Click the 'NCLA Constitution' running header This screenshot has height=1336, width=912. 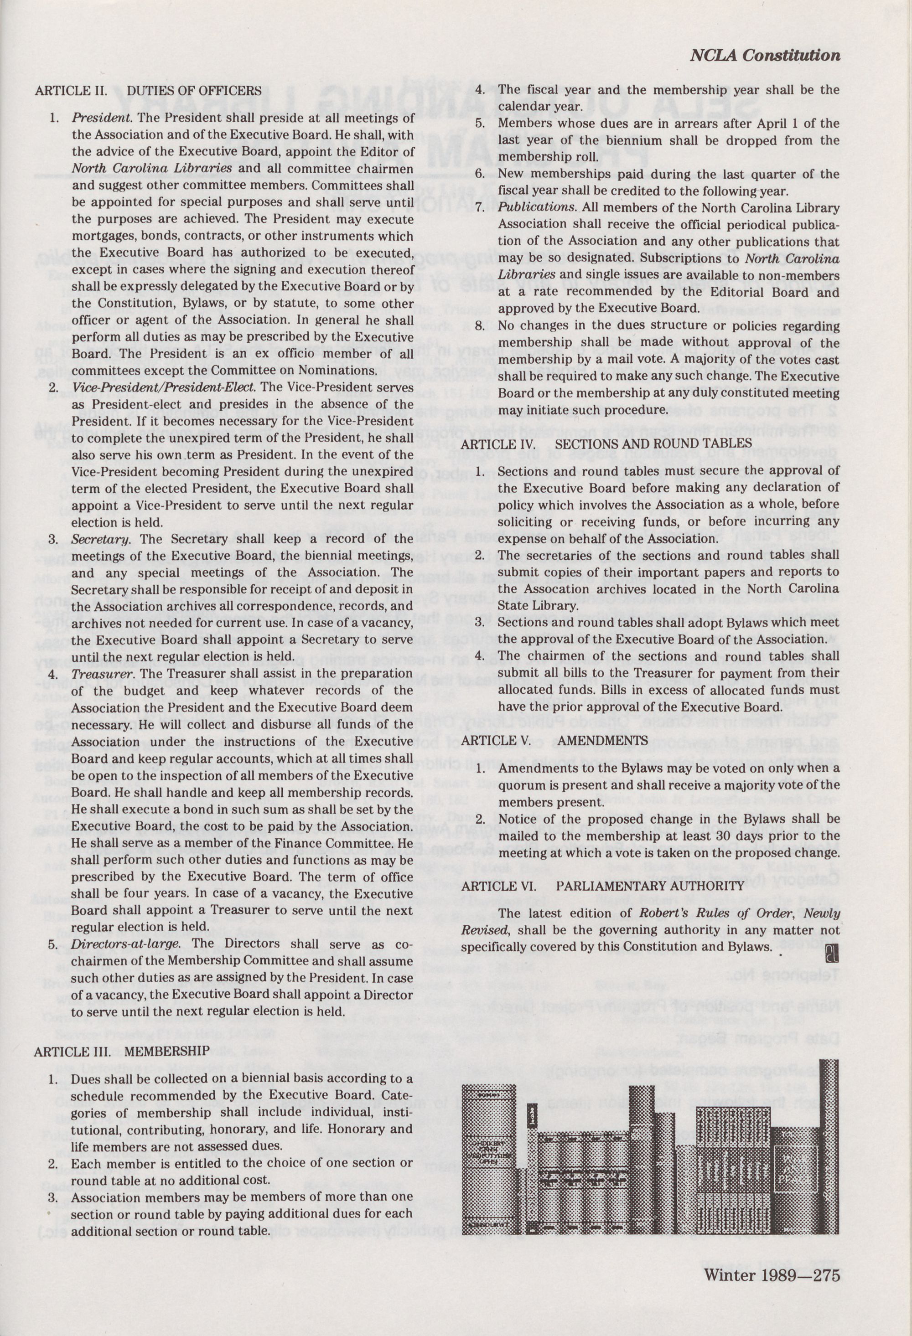click(764, 56)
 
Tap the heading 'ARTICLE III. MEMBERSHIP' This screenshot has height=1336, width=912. click(122, 1050)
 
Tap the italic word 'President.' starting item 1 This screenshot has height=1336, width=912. click(102, 119)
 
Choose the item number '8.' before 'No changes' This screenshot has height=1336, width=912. click(480, 326)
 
